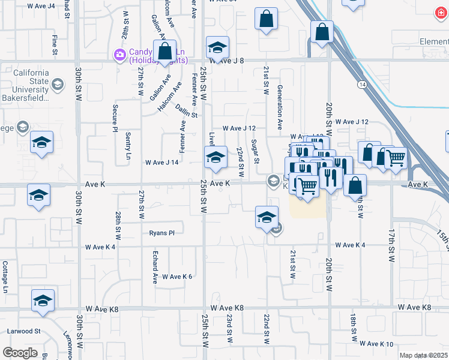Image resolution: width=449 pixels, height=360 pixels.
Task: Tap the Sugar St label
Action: [x=255, y=151]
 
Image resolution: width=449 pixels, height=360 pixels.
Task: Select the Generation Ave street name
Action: [x=280, y=107]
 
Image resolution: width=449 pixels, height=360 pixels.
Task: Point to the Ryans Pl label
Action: [x=161, y=233]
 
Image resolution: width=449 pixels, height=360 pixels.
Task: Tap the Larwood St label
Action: [x=23, y=331]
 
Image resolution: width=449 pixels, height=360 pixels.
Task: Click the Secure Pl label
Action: [x=115, y=118]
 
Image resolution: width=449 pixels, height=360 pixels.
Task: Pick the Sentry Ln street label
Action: [x=128, y=146]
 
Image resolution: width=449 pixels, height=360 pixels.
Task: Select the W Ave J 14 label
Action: [x=162, y=163]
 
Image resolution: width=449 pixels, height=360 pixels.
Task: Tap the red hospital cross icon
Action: [x=442, y=13]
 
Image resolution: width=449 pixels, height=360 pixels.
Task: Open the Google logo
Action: [x=20, y=353]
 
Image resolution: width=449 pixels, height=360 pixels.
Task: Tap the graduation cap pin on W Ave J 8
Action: [x=217, y=47]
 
